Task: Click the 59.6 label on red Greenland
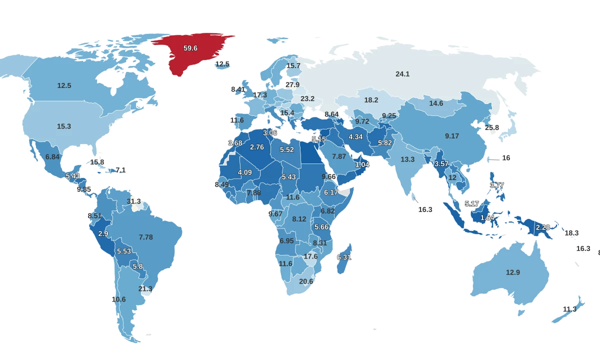190,48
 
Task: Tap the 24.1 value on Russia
402,74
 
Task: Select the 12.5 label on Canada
64,85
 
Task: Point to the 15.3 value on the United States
64,126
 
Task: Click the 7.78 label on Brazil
146,237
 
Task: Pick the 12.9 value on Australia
513,272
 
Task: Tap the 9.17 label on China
451,136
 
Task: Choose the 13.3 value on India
407,159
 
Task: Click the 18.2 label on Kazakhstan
371,100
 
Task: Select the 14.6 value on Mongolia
436,103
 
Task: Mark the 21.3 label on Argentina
145,288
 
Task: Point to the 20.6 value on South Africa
306,281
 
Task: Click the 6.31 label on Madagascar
344,257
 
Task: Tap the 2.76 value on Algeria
256,147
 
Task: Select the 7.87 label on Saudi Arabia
339,156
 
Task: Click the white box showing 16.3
425,209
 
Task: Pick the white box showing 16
506,158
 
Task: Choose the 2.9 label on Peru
103,233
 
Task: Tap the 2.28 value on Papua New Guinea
543,227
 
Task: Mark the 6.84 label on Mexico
52,156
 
